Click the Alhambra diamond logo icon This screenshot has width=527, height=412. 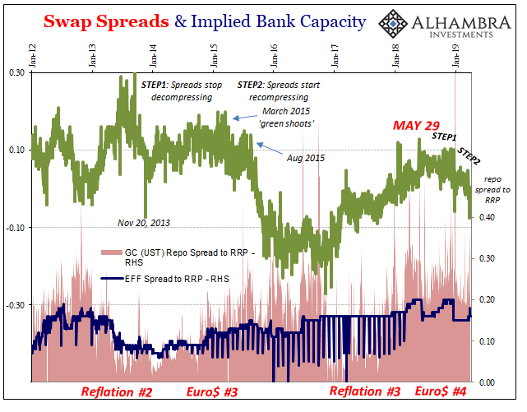[393, 24]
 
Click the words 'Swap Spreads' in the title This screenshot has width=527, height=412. [106, 21]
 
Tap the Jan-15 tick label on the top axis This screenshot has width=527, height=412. [214, 56]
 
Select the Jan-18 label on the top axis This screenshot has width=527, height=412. [395, 56]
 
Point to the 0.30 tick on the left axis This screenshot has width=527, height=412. [16, 72]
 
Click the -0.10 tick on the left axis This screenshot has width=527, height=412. [16, 228]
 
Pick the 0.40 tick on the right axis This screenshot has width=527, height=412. [487, 217]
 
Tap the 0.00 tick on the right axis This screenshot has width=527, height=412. [487, 382]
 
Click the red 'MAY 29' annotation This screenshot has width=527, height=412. [416, 125]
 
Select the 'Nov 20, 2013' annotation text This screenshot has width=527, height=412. [144, 223]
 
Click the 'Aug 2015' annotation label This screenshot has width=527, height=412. [306, 158]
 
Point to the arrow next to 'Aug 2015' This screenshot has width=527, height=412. [270, 149]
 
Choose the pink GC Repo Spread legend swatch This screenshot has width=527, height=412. [112, 252]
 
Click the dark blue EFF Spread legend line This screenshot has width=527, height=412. [113, 279]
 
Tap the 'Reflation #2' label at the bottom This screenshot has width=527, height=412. [117, 392]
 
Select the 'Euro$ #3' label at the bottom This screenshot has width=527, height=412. [212, 392]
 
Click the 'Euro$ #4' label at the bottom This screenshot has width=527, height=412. [441, 391]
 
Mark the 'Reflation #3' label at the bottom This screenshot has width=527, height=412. [365, 391]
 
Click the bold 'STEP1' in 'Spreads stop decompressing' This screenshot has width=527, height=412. [154, 85]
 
